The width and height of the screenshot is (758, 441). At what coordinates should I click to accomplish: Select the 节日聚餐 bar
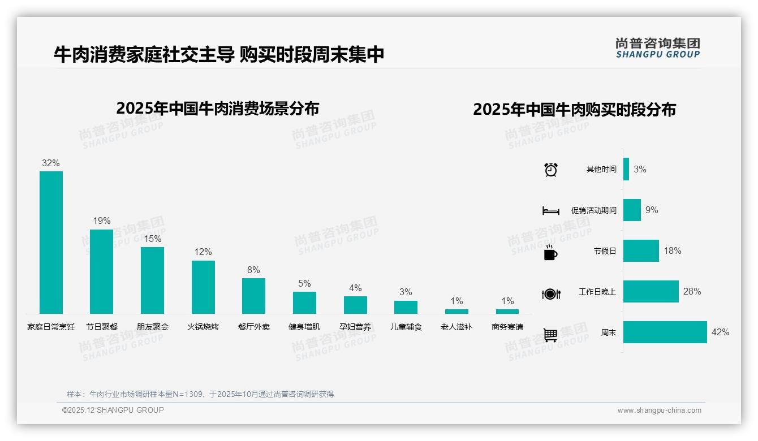(101, 271)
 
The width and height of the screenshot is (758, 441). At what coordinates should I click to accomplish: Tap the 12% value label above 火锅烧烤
(203, 252)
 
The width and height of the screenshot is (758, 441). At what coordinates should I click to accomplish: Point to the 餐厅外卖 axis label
(254, 327)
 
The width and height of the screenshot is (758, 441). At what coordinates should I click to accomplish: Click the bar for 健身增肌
(304, 302)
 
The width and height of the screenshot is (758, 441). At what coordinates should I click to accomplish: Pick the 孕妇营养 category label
(355, 327)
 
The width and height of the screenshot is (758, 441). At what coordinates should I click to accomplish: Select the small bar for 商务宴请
(507, 312)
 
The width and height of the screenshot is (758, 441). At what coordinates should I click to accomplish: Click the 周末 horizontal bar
(665, 332)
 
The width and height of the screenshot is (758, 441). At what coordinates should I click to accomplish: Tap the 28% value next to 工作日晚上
(692, 292)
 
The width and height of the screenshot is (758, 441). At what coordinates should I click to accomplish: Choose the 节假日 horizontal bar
(641, 251)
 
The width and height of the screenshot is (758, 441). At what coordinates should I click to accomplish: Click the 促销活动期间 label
(593, 210)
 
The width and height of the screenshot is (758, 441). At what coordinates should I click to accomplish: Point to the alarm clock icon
(551, 170)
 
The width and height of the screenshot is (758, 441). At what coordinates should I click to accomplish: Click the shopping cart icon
(550, 335)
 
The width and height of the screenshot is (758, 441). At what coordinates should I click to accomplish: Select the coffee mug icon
(550, 252)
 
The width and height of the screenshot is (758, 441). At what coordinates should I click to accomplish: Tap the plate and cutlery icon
(551, 293)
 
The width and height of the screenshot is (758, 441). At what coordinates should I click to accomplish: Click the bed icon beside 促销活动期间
(550, 211)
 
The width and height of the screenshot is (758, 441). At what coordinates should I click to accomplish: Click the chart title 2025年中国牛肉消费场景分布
(218, 109)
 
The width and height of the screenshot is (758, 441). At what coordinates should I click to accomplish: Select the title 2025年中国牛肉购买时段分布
(574, 110)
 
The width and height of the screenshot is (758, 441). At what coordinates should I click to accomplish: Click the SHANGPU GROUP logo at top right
(657, 48)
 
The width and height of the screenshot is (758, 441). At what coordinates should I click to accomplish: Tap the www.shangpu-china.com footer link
(659, 410)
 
